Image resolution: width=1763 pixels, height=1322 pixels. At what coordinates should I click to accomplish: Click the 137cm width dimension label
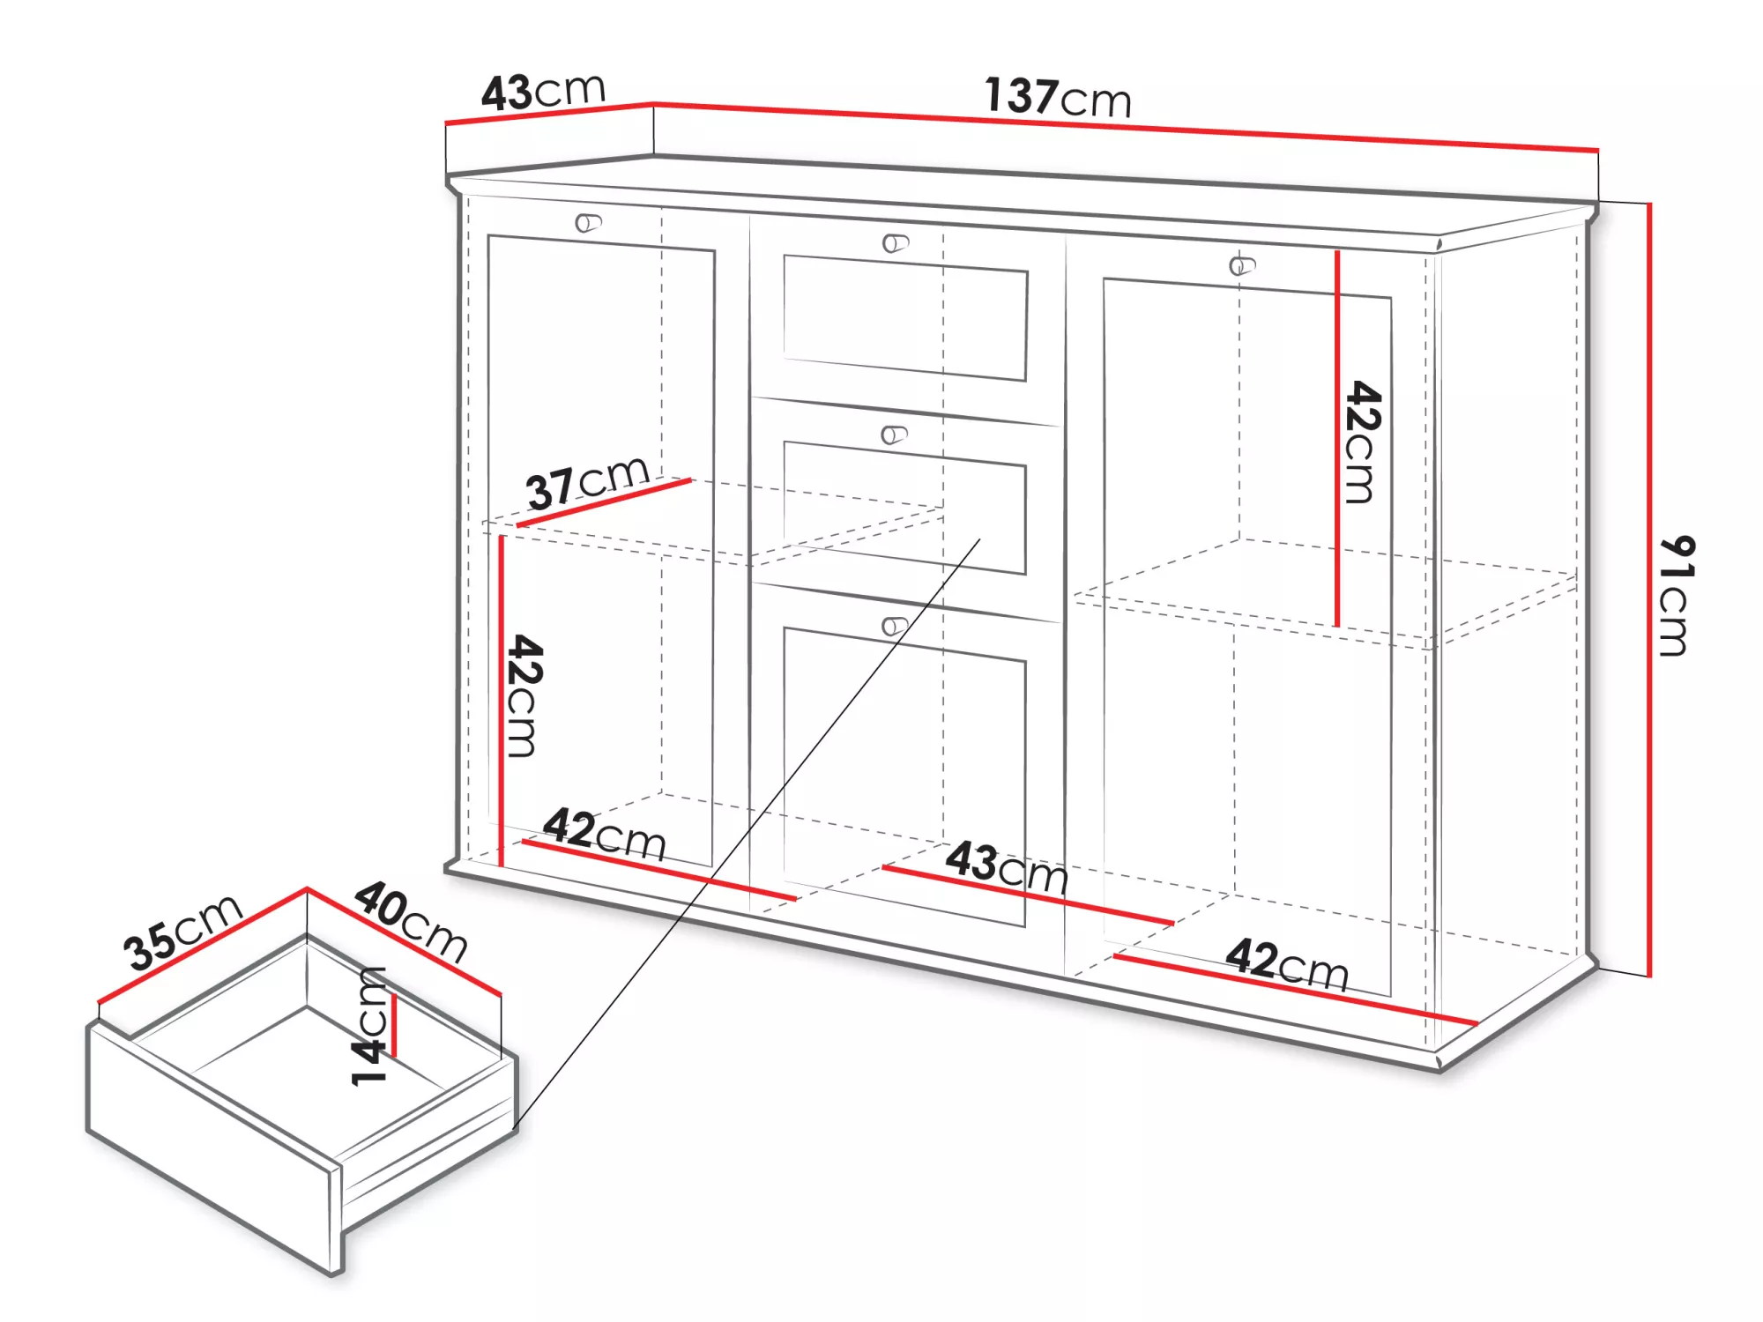coord(1058,97)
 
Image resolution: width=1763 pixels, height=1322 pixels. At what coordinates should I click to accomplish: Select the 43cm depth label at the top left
coord(543,91)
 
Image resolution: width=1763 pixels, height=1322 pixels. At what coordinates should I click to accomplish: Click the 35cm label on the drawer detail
coord(183,932)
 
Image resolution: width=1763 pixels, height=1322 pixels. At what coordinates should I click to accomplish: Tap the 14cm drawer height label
coord(369,1026)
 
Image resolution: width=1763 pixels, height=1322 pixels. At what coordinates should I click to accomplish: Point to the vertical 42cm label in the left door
coord(524,695)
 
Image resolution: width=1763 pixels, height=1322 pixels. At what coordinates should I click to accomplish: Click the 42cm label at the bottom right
coord(1287,964)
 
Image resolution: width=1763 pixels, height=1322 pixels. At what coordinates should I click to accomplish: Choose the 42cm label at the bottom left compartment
coord(605,833)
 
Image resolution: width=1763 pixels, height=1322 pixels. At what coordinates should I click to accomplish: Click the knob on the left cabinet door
coord(588,223)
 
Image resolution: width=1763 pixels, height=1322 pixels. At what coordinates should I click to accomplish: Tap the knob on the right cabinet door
coord(1242,264)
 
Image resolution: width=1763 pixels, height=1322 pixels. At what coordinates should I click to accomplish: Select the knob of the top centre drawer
coord(896,242)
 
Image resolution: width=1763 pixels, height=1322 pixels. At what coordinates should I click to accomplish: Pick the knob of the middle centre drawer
coord(895,434)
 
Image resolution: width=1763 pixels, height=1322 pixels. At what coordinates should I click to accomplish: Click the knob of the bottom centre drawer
coord(895,626)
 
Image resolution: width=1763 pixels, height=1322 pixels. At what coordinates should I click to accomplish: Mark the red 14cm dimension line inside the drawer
coord(395,1026)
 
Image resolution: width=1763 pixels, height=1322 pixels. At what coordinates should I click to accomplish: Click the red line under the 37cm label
coord(604,502)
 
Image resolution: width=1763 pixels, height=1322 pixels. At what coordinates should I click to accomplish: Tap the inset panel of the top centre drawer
coord(905,318)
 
